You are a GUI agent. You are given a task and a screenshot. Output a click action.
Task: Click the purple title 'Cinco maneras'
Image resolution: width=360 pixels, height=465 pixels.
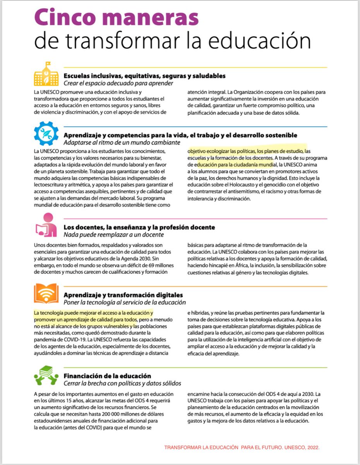pos(117,17)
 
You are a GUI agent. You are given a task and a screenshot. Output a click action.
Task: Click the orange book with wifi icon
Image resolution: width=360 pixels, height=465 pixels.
pos(46,294)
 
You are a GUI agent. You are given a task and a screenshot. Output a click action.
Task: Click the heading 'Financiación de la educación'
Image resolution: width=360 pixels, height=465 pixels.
pos(107,376)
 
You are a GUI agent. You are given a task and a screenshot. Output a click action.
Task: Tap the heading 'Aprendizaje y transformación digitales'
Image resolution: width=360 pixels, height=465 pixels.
pos(123,295)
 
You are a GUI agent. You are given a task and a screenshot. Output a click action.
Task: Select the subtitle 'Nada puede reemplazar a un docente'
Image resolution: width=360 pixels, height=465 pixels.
pos(113,235)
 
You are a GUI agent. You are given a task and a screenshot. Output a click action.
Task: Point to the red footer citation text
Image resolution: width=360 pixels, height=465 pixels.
pos(242,448)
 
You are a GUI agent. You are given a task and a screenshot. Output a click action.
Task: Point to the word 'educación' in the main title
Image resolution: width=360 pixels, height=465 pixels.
pos(252,41)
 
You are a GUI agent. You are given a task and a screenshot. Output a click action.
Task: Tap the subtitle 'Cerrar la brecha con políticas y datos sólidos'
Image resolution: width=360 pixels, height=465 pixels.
pos(122,384)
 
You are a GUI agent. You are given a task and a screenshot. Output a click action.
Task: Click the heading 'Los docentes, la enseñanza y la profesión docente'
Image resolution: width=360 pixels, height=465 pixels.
pos(139,227)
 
